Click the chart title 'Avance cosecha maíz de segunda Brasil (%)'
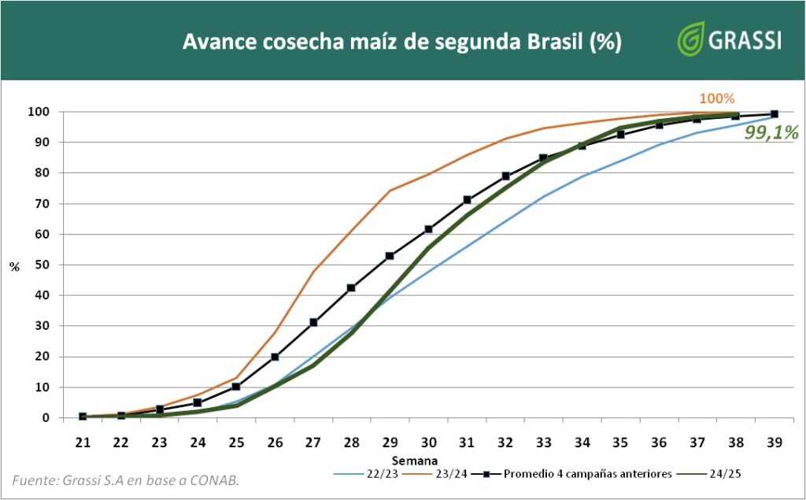(402, 42)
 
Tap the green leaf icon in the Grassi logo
(691, 39)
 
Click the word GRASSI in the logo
(745, 40)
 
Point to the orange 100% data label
(716, 99)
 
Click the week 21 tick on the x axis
(83, 443)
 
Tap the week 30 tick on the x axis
(428, 443)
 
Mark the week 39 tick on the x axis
(774, 443)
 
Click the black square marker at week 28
(351, 288)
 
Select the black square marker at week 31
(467, 200)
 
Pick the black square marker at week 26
(275, 357)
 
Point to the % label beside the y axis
(14, 266)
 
